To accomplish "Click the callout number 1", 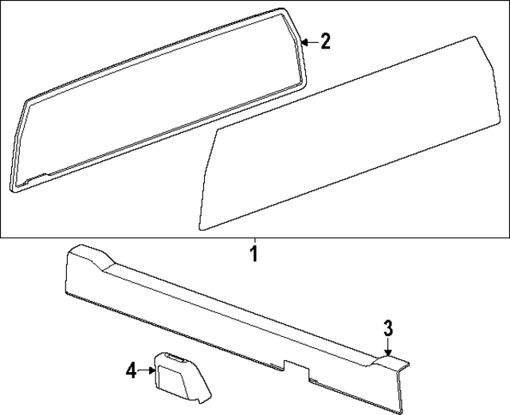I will (253, 256).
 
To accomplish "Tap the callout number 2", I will (324, 42).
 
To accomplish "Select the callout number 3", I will (388, 327).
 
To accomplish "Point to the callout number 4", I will (131, 370).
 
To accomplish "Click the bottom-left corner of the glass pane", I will (201, 228).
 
